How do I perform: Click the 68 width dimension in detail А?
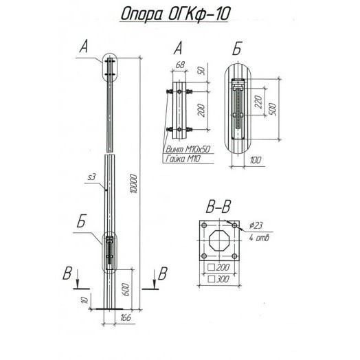(x=181, y=65)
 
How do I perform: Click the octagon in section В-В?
(x=219, y=240)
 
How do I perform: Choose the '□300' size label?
(x=219, y=280)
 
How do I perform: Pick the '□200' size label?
(x=219, y=267)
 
